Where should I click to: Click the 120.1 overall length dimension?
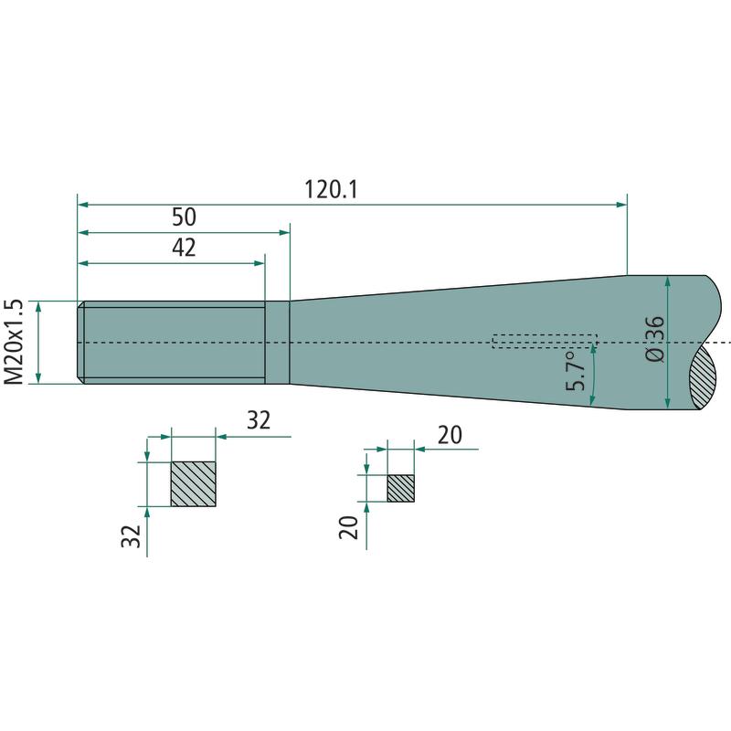pyautogui.click(x=331, y=190)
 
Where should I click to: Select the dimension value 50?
pyautogui.click(x=185, y=217)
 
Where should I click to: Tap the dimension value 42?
pyautogui.click(x=185, y=248)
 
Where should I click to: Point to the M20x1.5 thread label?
pyautogui.click(x=13, y=342)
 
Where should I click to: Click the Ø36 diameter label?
pyautogui.click(x=655, y=339)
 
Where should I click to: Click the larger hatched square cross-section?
pyautogui.click(x=194, y=484)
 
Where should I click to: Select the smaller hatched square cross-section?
pyautogui.click(x=400, y=489)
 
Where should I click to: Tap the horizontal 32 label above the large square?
pyautogui.click(x=259, y=420)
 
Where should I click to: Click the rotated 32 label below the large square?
pyautogui.click(x=131, y=536)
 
